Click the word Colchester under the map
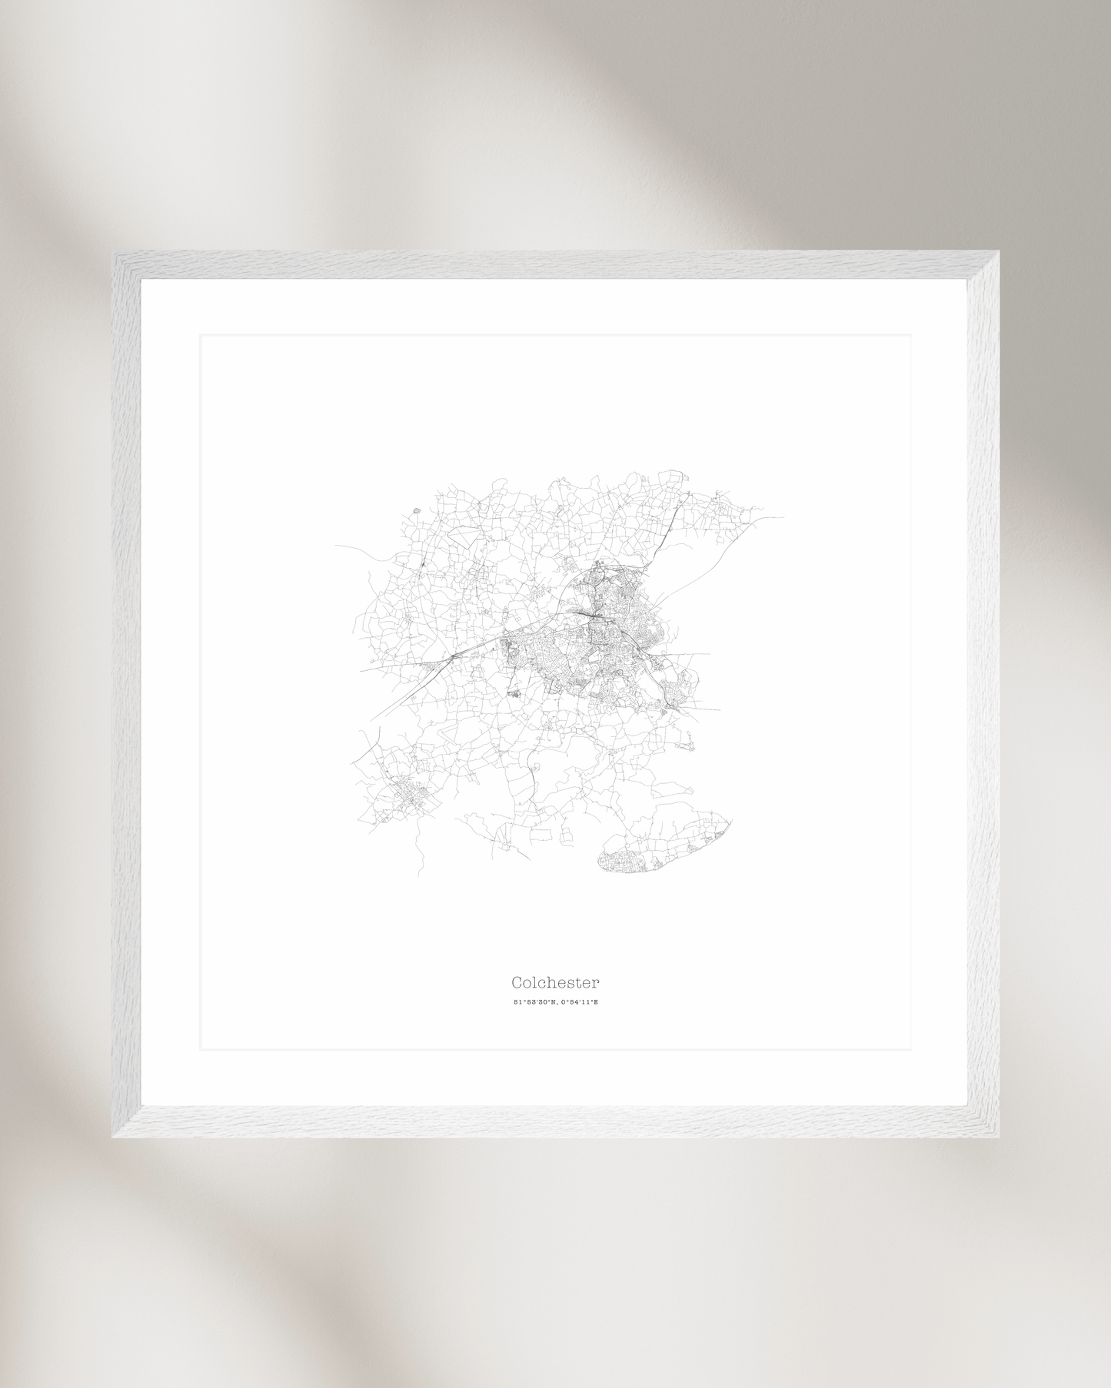click(555, 982)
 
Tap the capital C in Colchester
click(517, 982)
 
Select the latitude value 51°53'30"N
click(534, 1002)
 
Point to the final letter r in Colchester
click(596, 983)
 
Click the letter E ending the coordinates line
click(595, 1002)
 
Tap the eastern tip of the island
click(730, 822)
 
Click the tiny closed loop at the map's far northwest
click(416, 510)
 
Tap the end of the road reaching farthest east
click(783, 517)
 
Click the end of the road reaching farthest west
click(336, 546)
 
